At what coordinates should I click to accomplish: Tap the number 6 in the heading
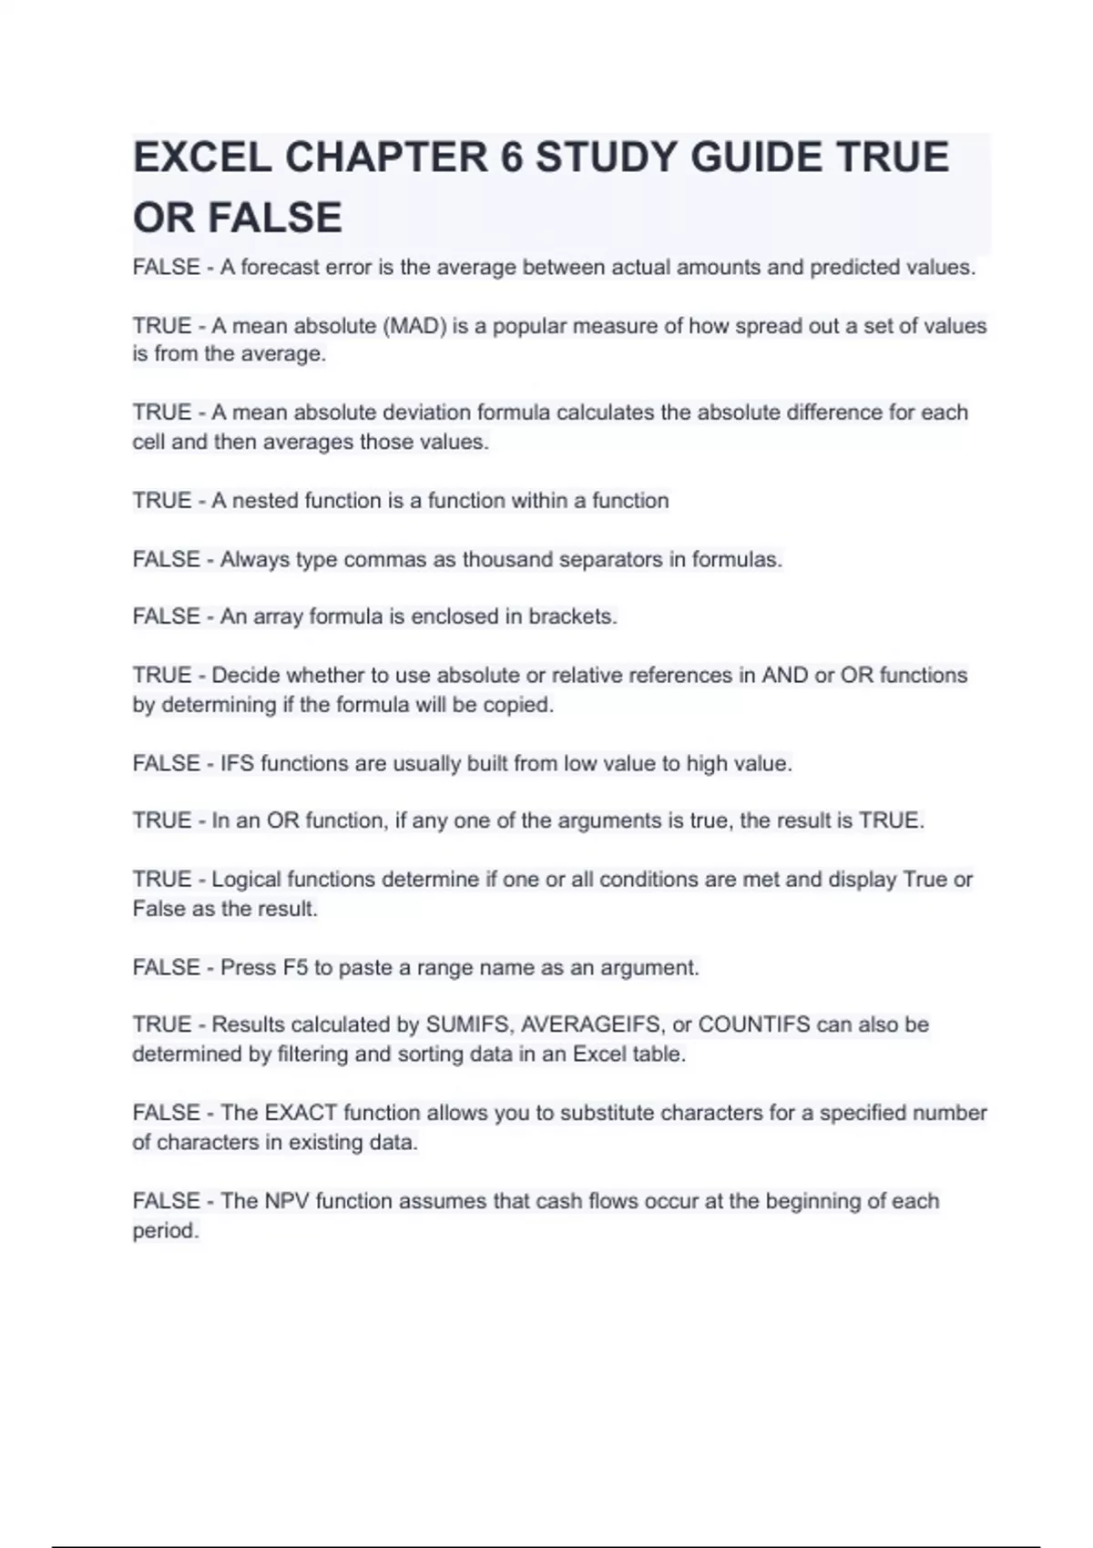(511, 158)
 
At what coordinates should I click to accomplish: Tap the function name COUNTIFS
(753, 1024)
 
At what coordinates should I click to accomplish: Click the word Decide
(245, 676)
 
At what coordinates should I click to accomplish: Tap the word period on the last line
(165, 1231)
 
